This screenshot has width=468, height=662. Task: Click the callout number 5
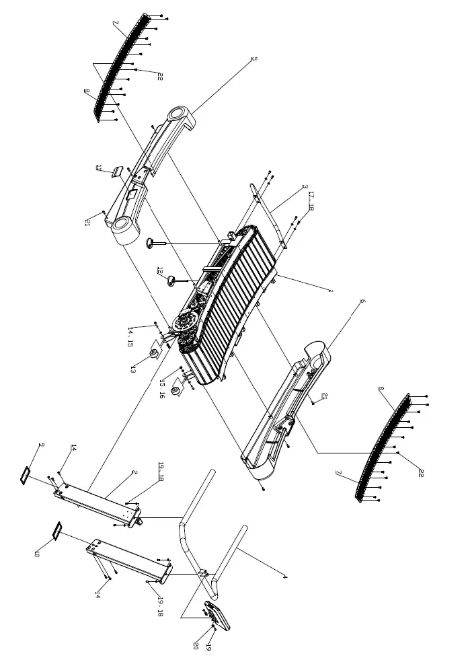point(254,59)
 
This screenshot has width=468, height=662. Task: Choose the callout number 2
point(134,472)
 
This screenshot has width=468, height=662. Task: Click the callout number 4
point(285,577)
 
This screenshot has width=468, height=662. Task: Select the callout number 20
point(196,644)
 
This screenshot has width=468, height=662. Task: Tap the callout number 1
point(331,291)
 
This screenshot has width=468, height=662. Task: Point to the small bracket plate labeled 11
point(118,172)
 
